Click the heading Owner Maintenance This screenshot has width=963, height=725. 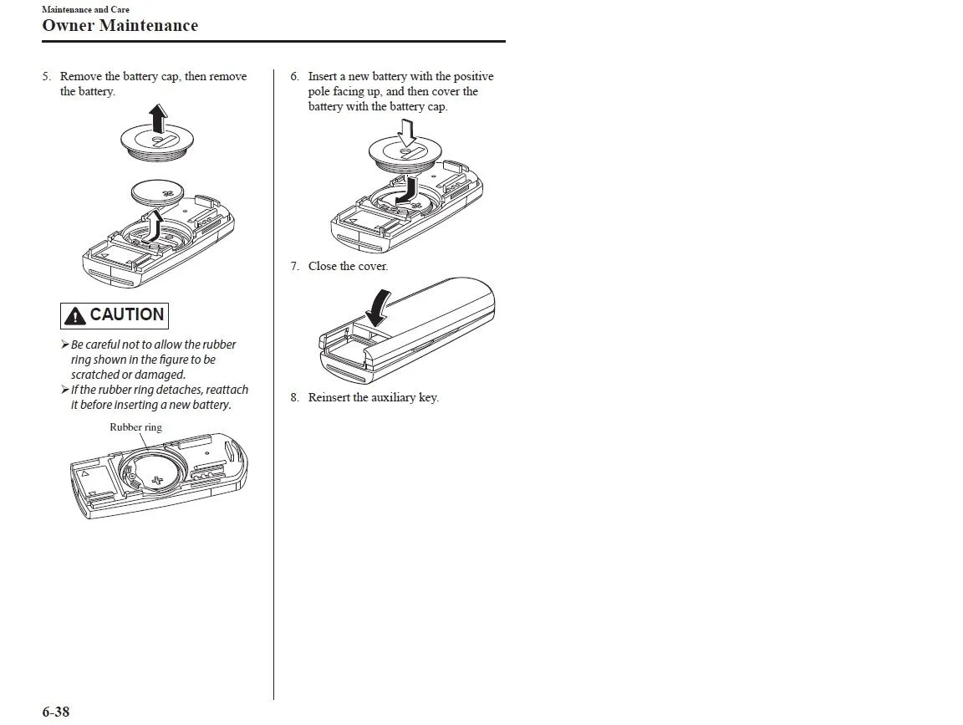120,25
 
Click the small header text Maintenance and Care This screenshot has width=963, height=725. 85,9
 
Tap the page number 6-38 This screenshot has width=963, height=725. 56,712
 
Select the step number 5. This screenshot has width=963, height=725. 47,77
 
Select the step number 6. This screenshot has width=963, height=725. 294,77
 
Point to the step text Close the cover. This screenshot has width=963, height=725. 348,266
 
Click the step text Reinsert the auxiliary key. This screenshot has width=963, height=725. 373,397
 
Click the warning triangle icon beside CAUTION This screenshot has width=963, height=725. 75,316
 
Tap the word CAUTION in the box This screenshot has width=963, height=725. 126,315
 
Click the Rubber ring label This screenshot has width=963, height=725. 135,426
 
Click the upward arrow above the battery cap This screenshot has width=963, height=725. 157,116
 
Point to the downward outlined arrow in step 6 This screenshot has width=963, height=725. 407,133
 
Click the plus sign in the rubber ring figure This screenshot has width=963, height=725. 157,481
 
